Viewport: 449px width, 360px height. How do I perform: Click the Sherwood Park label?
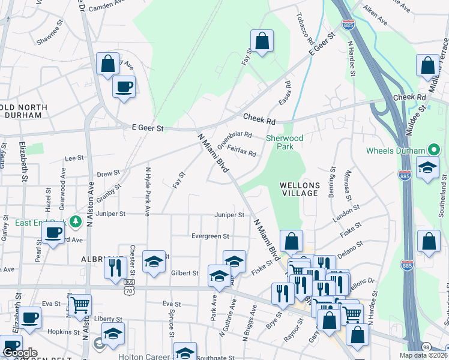(285, 142)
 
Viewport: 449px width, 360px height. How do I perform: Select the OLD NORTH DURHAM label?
(23, 112)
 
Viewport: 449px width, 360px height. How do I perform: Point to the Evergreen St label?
(210, 236)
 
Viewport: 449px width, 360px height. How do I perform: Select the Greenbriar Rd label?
(234, 139)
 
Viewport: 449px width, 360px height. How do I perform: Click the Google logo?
(19, 353)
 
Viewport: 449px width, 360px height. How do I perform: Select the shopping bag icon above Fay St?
(262, 41)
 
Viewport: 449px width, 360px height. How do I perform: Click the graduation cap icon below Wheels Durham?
(427, 168)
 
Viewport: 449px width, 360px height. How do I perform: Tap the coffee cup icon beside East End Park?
(53, 233)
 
